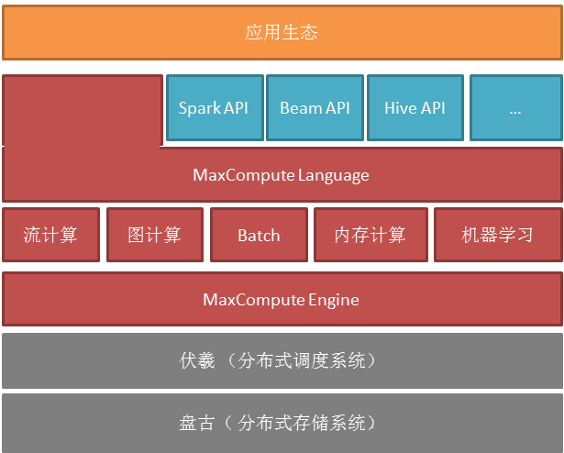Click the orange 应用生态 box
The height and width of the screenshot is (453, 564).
(x=282, y=32)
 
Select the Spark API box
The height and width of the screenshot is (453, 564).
(x=216, y=107)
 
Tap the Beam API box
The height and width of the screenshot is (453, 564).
(x=315, y=107)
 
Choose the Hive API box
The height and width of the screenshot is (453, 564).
(x=415, y=107)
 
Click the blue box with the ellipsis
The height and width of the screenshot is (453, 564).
(x=516, y=107)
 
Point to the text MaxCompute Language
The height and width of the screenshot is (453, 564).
(x=281, y=175)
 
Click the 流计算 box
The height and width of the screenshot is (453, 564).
(x=50, y=235)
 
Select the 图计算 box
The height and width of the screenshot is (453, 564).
(x=155, y=235)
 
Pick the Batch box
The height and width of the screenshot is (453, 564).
(x=259, y=235)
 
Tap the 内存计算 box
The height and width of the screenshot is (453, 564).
(x=370, y=235)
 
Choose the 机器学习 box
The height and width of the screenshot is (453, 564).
(x=498, y=235)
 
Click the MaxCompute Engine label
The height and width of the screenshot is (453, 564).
(x=281, y=300)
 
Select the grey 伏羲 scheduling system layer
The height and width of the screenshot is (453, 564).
(x=282, y=360)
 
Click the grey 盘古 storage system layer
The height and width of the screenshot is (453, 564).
(x=282, y=423)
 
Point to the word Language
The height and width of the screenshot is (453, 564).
(x=334, y=176)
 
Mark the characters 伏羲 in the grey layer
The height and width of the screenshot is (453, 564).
(x=197, y=360)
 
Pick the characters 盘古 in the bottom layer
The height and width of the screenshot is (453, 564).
(x=197, y=423)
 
